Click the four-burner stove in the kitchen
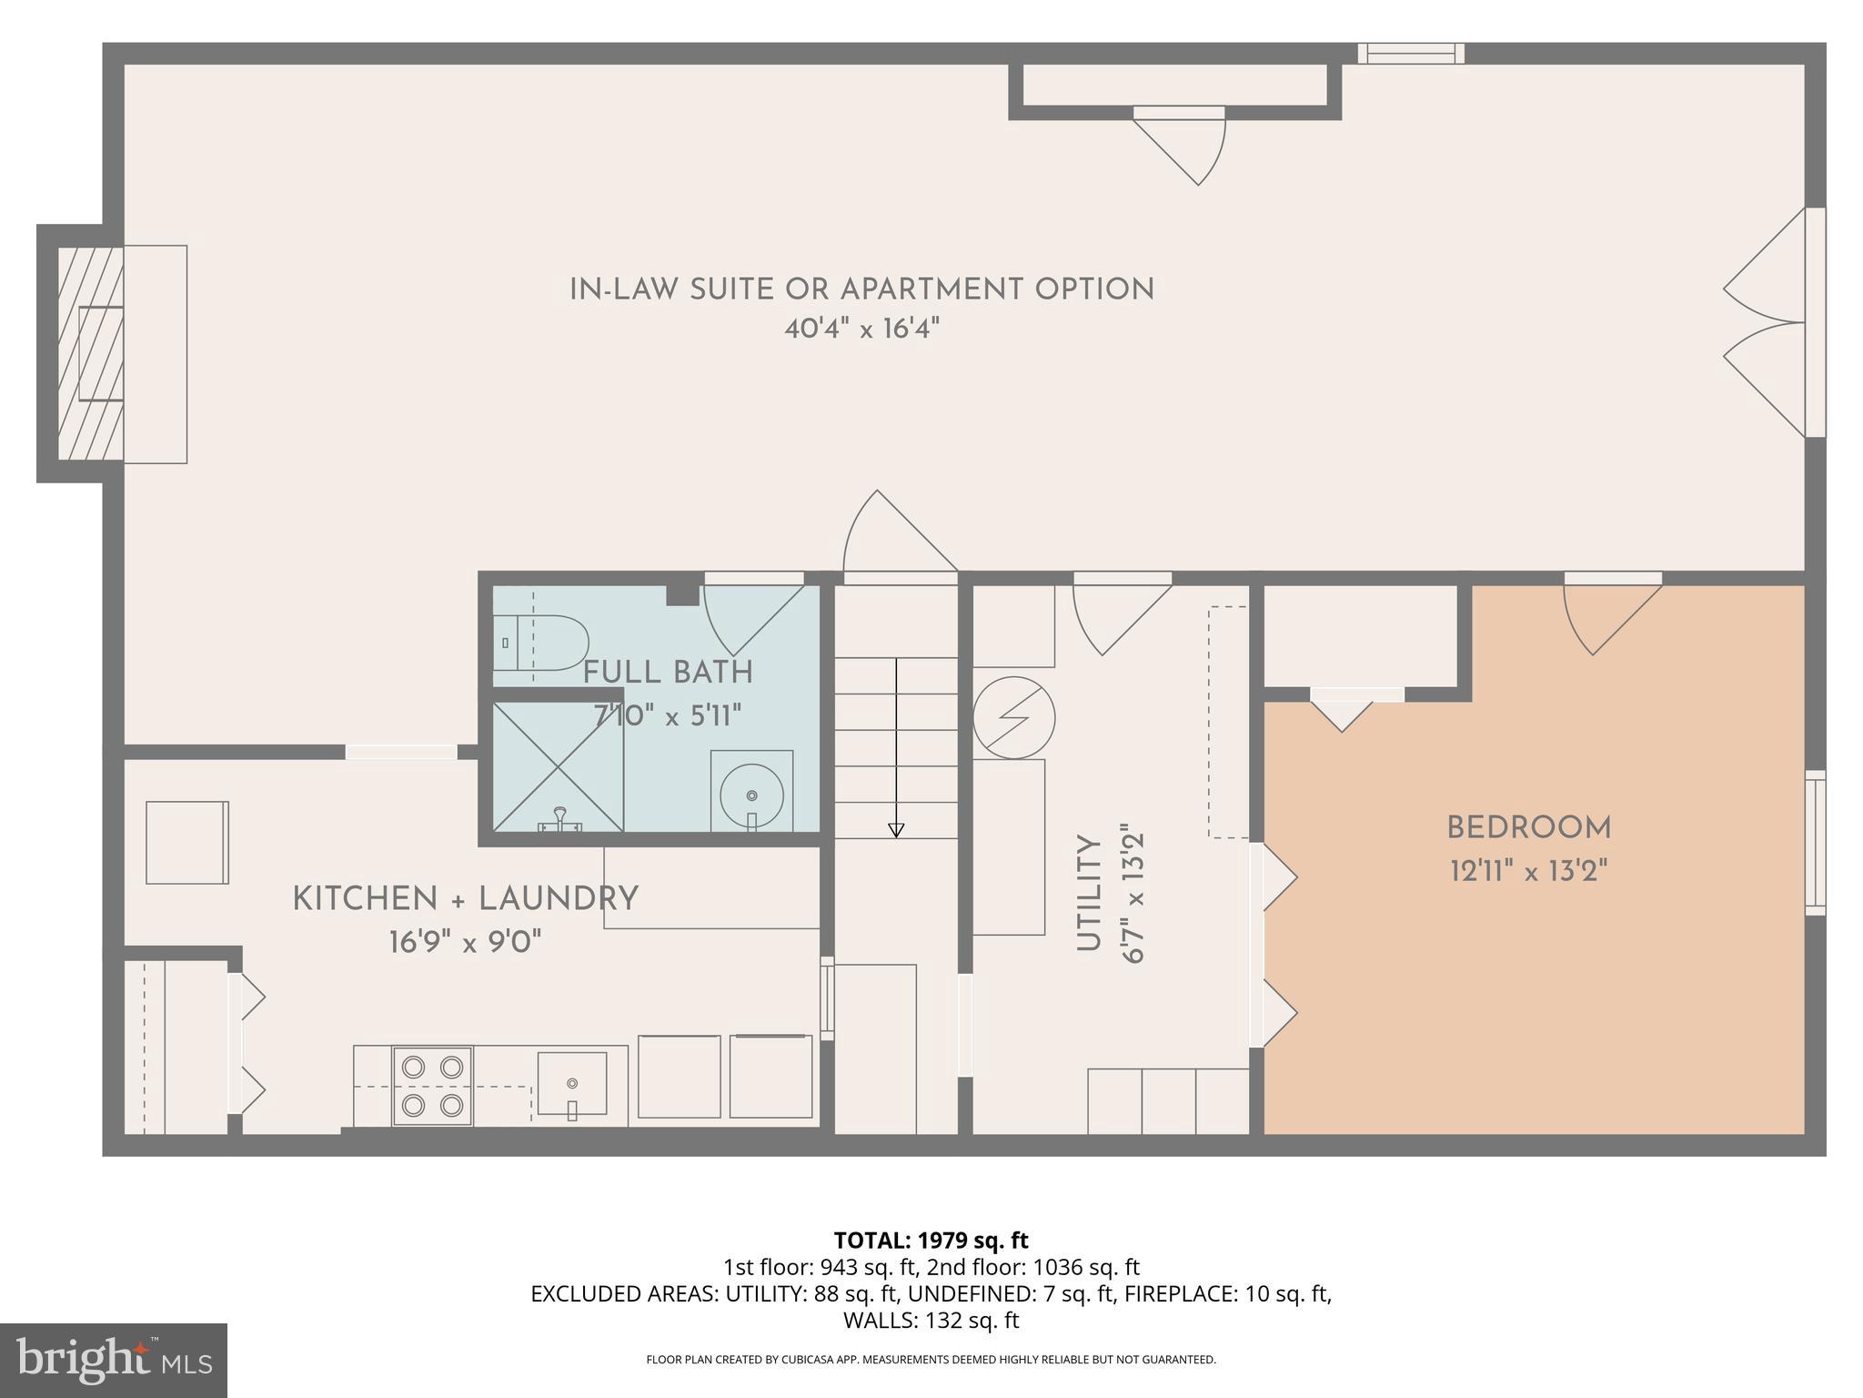(x=432, y=1086)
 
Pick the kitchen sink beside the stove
(x=571, y=1083)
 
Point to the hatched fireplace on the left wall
(x=91, y=353)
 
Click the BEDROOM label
(x=1528, y=828)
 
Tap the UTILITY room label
(x=1089, y=894)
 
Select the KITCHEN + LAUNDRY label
(x=465, y=899)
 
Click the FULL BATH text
(x=668, y=674)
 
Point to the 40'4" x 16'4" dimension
(x=861, y=329)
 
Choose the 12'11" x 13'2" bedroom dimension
(x=1528, y=872)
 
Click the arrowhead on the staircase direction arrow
(x=896, y=829)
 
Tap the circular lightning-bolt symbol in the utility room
(x=1014, y=718)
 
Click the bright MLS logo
(x=114, y=1359)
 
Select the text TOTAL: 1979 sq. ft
(x=931, y=1241)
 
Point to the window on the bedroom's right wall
(x=1815, y=842)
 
